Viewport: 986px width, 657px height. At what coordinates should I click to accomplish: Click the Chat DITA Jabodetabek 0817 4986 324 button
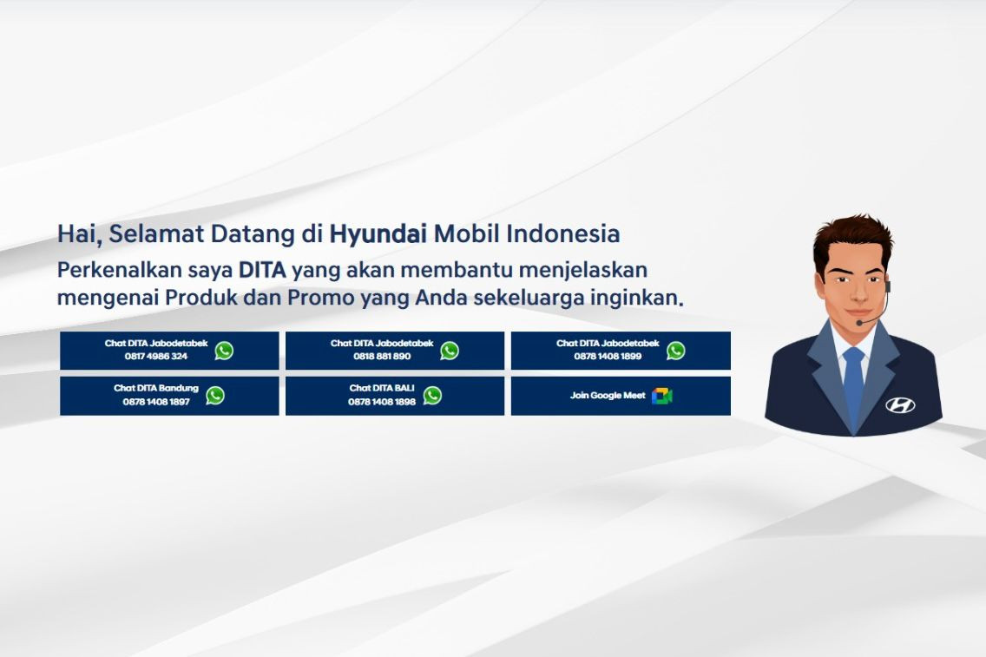coord(169,351)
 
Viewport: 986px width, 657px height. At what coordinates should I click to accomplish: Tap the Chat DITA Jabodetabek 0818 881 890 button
coord(394,351)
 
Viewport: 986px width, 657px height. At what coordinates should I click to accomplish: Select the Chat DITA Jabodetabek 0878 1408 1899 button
coord(621,351)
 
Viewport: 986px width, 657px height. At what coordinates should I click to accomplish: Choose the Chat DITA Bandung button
coord(169,396)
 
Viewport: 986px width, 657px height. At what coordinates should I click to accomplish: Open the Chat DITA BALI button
coord(394,396)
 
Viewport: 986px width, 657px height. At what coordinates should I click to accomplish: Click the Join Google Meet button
coord(621,396)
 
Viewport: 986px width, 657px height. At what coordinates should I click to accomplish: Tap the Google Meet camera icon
coord(662,396)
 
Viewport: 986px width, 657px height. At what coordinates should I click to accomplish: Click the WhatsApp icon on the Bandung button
coord(215,396)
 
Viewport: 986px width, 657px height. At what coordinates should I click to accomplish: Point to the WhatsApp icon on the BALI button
coord(432,396)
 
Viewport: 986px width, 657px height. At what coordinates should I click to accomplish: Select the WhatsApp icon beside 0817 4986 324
coord(224,351)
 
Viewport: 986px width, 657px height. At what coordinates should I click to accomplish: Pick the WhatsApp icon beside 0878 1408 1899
coord(676,351)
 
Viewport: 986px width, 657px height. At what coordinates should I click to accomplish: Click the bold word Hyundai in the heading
coord(378,234)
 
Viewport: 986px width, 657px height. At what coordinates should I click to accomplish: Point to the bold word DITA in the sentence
coord(262,270)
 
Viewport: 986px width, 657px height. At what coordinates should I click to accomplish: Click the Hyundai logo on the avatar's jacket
coord(900,404)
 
